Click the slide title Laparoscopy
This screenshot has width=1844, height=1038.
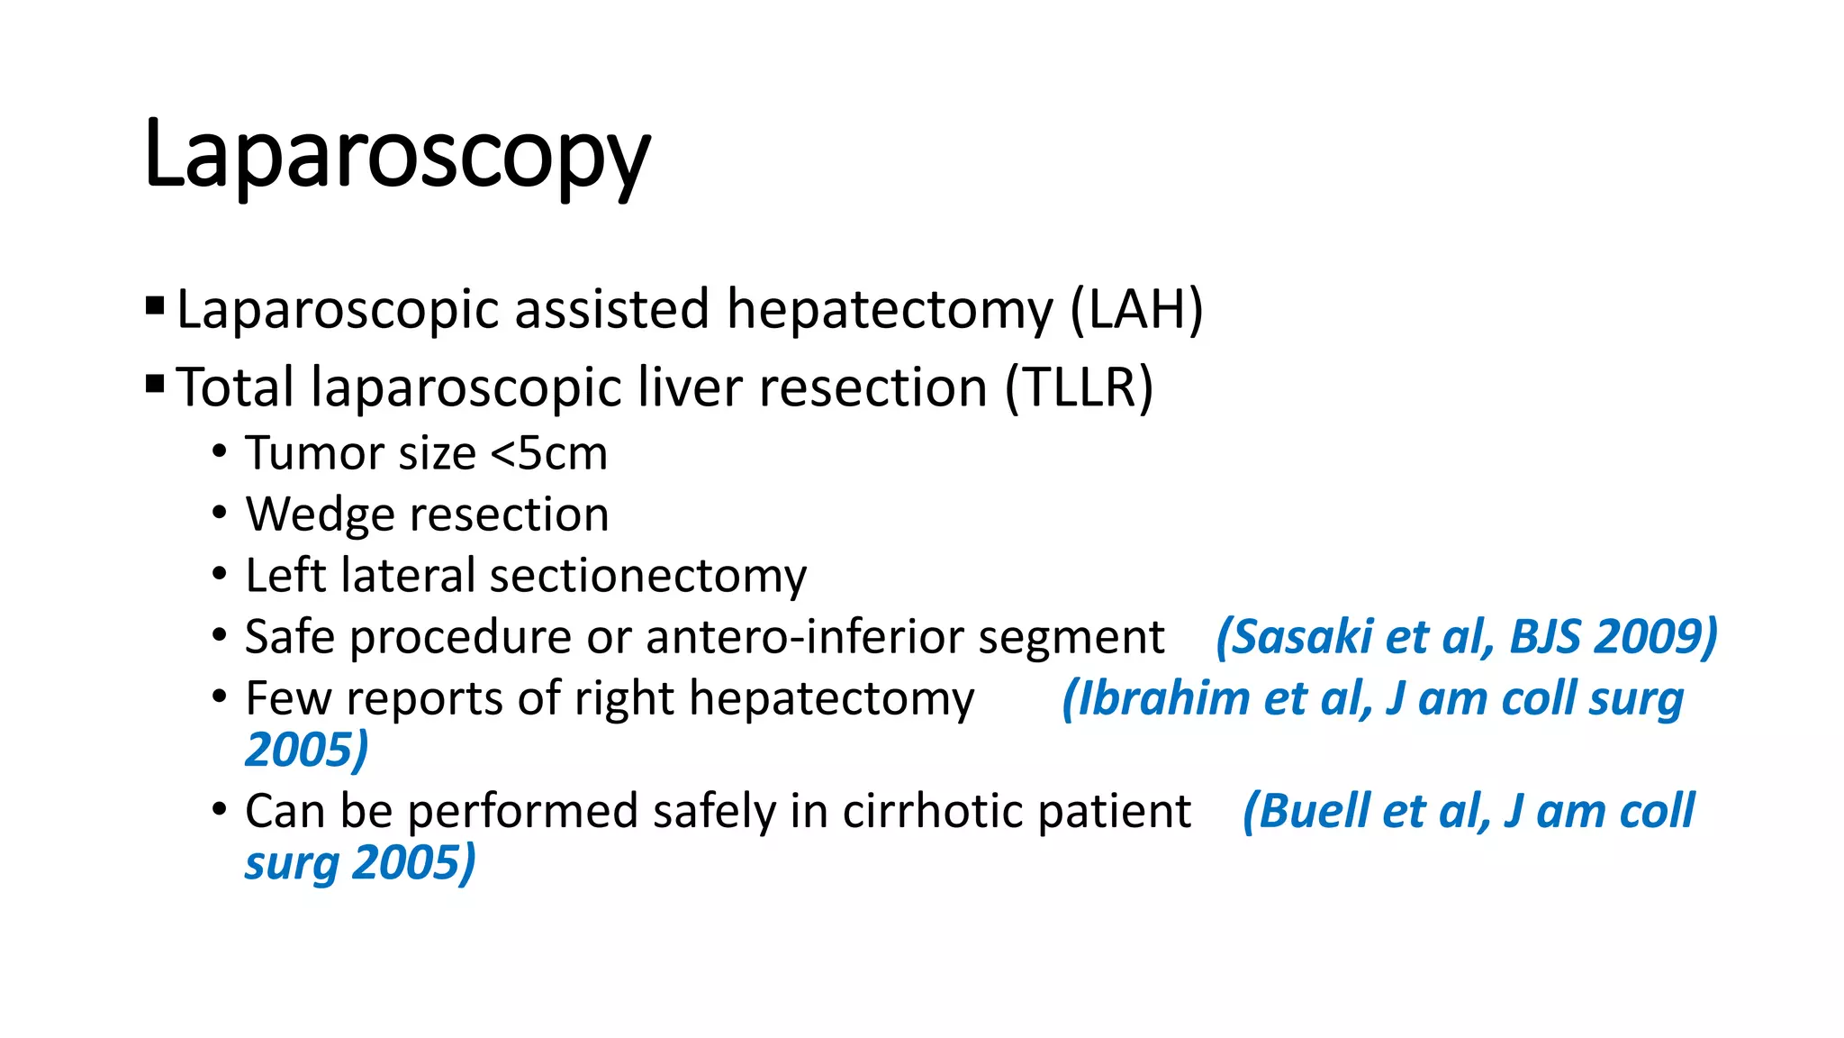pyautogui.click(x=396, y=155)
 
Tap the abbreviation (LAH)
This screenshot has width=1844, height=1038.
pyautogui.click(x=1136, y=309)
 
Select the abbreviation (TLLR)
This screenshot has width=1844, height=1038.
pyautogui.click(x=1079, y=387)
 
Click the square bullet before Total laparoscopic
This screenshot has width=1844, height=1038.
pyautogui.click(x=155, y=385)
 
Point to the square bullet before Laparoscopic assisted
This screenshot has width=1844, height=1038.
pyautogui.click(x=155, y=306)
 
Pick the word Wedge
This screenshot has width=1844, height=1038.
pyautogui.click(x=321, y=515)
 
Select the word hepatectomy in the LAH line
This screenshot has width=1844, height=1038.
pyautogui.click(x=890, y=309)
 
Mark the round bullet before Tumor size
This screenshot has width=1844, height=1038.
pyautogui.click(x=220, y=451)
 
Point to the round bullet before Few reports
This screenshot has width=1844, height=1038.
pyautogui.click(x=220, y=697)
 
